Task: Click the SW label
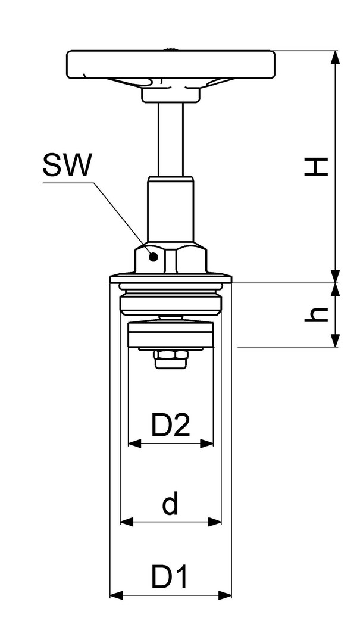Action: click(x=67, y=166)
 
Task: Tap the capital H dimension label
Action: click(x=316, y=166)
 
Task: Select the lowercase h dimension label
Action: click(x=317, y=314)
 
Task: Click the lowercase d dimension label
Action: click(x=171, y=504)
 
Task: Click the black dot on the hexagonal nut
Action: click(x=154, y=257)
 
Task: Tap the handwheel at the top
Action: click(x=171, y=64)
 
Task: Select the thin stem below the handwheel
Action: click(x=171, y=139)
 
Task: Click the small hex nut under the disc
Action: click(x=171, y=360)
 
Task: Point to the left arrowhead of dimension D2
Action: click(x=134, y=443)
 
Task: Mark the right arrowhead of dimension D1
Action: click(x=225, y=595)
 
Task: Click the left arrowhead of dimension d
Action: click(x=127, y=522)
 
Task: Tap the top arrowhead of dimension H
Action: click(x=336, y=57)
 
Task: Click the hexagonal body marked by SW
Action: click(x=171, y=258)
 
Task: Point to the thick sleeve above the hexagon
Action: click(x=171, y=209)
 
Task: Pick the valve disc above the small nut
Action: click(x=171, y=335)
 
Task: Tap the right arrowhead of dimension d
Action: click(x=215, y=522)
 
